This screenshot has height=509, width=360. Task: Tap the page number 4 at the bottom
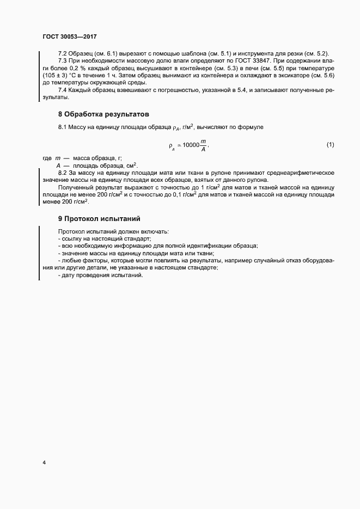pyautogui.click(x=44, y=463)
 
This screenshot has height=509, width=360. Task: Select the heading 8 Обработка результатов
pyautogui.click(x=103, y=114)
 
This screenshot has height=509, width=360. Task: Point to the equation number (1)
pyautogui.click(x=330, y=144)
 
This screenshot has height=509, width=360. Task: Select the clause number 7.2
pyautogui.click(x=63, y=53)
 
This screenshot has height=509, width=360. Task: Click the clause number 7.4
pyautogui.click(x=63, y=90)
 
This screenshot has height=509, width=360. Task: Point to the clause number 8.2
pyautogui.click(x=63, y=173)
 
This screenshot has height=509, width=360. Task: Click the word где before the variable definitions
pyautogui.click(x=47, y=158)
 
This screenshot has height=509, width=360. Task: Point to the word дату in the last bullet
pyautogui.click(x=69, y=276)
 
